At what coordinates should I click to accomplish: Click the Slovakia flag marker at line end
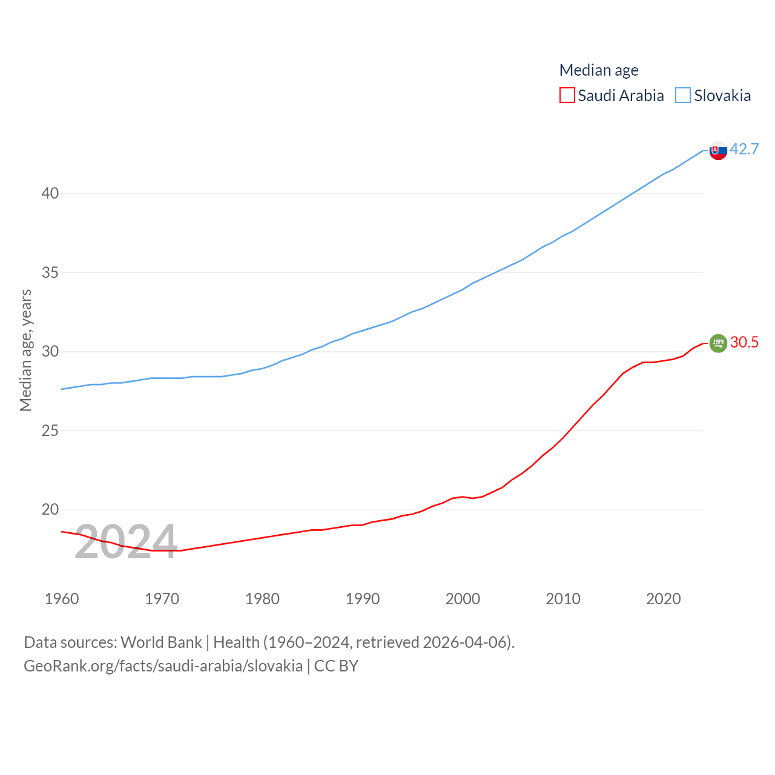click(x=718, y=150)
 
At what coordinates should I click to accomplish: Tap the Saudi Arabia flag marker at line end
click(x=718, y=343)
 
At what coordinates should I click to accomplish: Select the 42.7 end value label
click(x=744, y=149)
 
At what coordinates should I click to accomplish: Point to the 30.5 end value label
click(x=744, y=342)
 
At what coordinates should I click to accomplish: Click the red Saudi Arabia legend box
click(x=567, y=96)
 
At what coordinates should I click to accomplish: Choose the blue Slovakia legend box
click(x=683, y=96)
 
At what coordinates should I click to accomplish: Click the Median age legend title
click(x=598, y=70)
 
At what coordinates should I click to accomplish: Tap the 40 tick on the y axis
click(x=50, y=194)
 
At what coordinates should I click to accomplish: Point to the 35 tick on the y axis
click(x=50, y=272)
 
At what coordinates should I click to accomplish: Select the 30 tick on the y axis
click(x=50, y=352)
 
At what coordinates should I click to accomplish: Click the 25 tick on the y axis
click(x=50, y=430)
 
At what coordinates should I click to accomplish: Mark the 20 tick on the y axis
click(x=50, y=510)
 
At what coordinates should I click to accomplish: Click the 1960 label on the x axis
click(x=62, y=599)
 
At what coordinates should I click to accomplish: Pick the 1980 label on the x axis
click(x=262, y=599)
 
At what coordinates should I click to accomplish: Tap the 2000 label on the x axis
click(x=463, y=599)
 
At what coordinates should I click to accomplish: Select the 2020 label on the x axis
click(x=663, y=599)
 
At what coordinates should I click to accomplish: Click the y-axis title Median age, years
click(x=26, y=350)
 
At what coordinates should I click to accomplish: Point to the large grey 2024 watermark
click(x=126, y=542)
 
